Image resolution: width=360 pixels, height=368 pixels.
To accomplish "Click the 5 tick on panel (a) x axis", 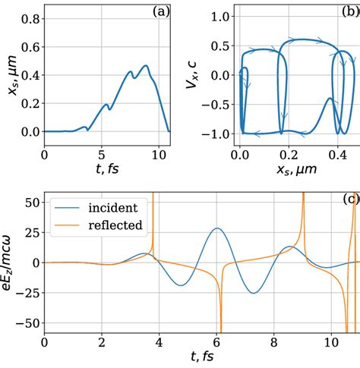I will (103, 155).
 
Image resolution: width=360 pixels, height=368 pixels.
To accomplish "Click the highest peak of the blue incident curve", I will (217, 228).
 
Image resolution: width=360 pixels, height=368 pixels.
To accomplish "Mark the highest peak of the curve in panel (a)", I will (145, 65).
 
